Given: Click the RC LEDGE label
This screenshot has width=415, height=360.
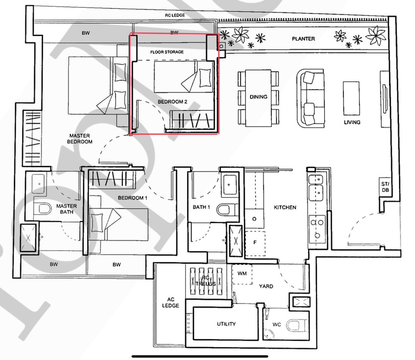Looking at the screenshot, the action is click(x=175, y=15).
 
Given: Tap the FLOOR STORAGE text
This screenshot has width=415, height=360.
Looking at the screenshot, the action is click(x=167, y=52).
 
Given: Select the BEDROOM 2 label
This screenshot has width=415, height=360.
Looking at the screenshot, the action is click(x=172, y=102).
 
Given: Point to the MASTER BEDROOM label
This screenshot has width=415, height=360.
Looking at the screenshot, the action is click(x=80, y=139).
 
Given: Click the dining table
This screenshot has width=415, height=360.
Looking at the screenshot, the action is click(x=258, y=98).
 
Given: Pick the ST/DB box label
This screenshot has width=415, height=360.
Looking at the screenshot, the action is click(x=385, y=187).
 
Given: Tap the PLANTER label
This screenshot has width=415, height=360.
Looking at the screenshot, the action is click(x=303, y=39).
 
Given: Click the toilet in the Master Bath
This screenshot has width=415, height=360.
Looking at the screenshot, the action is click(x=42, y=209).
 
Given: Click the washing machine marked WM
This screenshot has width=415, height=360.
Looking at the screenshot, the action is click(x=242, y=274).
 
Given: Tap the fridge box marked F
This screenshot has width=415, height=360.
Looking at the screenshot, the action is click(x=255, y=243).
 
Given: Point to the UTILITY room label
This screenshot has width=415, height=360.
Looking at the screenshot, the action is click(x=226, y=324).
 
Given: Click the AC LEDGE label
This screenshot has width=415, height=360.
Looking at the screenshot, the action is click(x=171, y=302).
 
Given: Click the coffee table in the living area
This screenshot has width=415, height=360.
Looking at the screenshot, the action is click(x=351, y=99).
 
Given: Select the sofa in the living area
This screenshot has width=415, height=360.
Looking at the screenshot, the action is click(x=310, y=98).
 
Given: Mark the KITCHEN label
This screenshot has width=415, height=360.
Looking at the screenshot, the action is click(x=285, y=207).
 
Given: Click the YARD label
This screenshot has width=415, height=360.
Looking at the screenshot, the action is click(x=266, y=286).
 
